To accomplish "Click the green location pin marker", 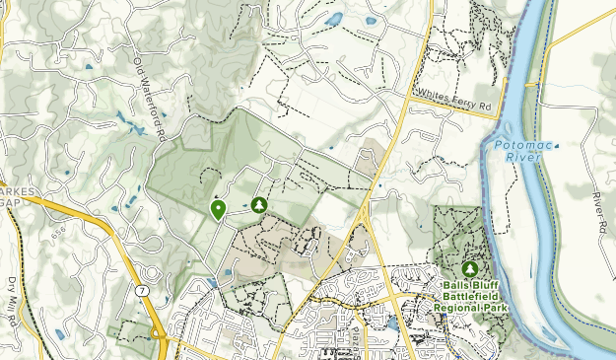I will pyautogui.click(x=217, y=209).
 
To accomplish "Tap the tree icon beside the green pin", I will pyautogui.click(x=259, y=204).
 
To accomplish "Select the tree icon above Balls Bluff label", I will pyautogui.click(x=470, y=267).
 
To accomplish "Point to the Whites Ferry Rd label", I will pyautogui.click(x=453, y=96).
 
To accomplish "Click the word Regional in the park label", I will pyautogui.click(x=461, y=307).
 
